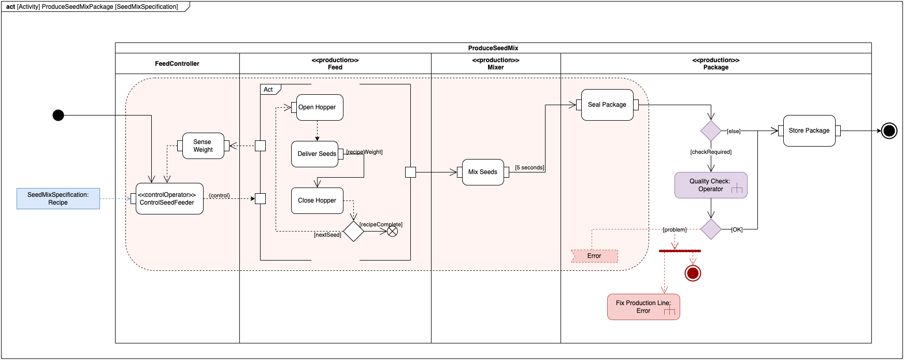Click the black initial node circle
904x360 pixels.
(x=58, y=115)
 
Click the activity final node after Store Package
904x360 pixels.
(x=889, y=131)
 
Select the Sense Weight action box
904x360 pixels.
(x=203, y=146)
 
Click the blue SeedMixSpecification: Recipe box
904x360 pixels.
(x=58, y=198)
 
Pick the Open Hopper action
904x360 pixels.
(x=320, y=107)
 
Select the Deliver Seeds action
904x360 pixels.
(x=315, y=154)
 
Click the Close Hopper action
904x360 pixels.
(x=317, y=200)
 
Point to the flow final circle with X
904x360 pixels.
(x=393, y=231)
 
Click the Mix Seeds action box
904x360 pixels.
(x=483, y=172)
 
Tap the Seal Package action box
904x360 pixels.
(x=607, y=105)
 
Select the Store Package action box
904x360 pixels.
(x=809, y=131)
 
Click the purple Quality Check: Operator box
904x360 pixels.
(x=711, y=185)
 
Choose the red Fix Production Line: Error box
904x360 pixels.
(x=643, y=307)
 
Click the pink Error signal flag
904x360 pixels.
(x=595, y=256)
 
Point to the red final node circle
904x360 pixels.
(x=693, y=273)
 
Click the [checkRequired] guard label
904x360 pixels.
(x=711, y=152)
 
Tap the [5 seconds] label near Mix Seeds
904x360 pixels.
(x=529, y=167)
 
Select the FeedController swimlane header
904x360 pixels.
(x=177, y=64)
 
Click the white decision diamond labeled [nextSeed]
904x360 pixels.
(x=353, y=231)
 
